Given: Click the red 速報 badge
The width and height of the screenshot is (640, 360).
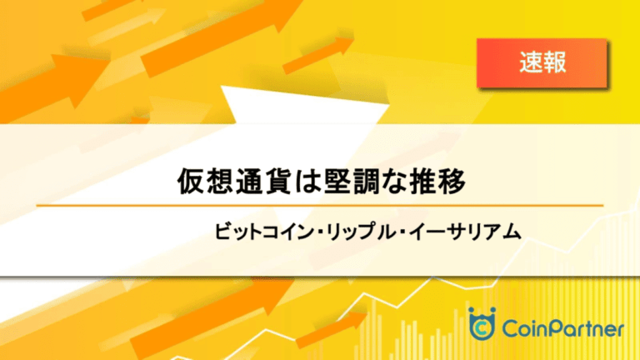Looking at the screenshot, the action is pyautogui.click(x=542, y=62).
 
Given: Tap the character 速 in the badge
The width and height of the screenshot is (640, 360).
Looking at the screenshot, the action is pyautogui.click(x=531, y=62).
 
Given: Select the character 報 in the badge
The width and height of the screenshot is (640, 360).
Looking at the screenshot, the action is pyautogui.click(x=555, y=62).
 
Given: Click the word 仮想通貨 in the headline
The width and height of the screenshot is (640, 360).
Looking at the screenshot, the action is pyautogui.click(x=235, y=181).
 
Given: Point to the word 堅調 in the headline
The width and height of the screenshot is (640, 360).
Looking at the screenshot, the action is pyautogui.click(x=352, y=181).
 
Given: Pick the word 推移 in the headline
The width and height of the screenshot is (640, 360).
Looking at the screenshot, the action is pyautogui.click(x=437, y=181).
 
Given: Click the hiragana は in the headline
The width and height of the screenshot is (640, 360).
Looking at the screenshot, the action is pyautogui.click(x=307, y=181).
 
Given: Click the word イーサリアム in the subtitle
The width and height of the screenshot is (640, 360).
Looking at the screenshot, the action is pyautogui.click(x=464, y=232).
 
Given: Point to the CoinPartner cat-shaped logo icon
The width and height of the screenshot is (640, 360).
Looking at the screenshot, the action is pyautogui.click(x=482, y=323).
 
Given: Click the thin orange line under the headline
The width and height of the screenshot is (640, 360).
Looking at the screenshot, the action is pyautogui.click(x=320, y=206).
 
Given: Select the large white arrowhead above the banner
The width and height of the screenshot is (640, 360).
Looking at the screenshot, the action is pyautogui.click(x=304, y=105).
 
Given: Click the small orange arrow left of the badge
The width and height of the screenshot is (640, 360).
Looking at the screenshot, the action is pyautogui.click(x=318, y=56).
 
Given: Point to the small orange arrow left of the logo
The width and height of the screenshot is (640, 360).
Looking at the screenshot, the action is pyautogui.click(x=331, y=330).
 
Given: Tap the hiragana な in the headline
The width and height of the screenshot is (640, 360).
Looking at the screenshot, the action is pyautogui.click(x=394, y=181).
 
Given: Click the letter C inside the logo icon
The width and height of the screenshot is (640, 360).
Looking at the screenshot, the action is pyautogui.click(x=482, y=327).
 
